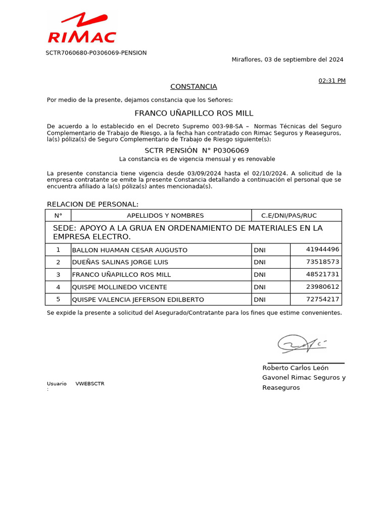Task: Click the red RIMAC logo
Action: [x=82, y=29]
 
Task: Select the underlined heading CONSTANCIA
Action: [x=193, y=87]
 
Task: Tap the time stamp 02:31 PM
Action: [x=331, y=81]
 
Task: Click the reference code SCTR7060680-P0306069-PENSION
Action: [x=96, y=53]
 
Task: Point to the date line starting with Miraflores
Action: [x=287, y=60]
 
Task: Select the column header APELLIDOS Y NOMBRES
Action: [x=165, y=216]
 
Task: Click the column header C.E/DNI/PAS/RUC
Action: [x=288, y=216]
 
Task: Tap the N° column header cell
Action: [x=58, y=216]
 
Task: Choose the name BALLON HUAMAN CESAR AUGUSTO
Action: [x=130, y=250]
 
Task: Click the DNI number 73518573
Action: [x=322, y=262]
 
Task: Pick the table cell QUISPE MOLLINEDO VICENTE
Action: [x=120, y=287]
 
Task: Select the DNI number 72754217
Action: [x=322, y=299]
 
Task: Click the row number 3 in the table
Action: [x=58, y=275]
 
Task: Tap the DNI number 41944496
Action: [x=322, y=249]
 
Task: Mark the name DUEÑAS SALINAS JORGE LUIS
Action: [x=120, y=263]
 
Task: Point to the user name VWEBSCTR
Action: [x=90, y=384]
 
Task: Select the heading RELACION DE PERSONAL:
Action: [x=92, y=204]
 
